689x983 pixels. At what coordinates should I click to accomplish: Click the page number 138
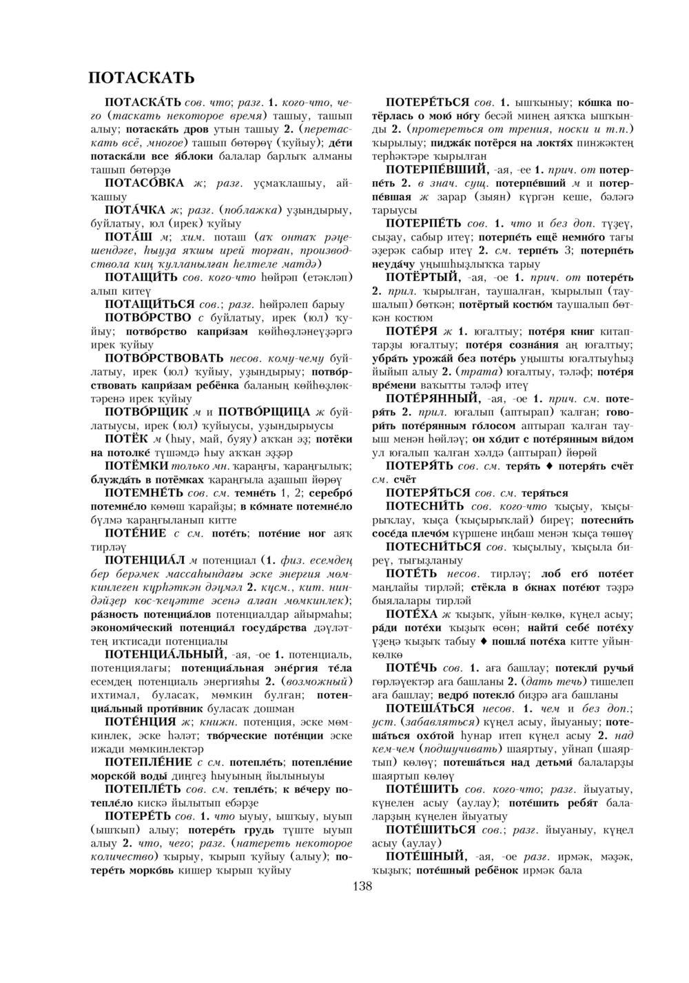coord(362,886)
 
